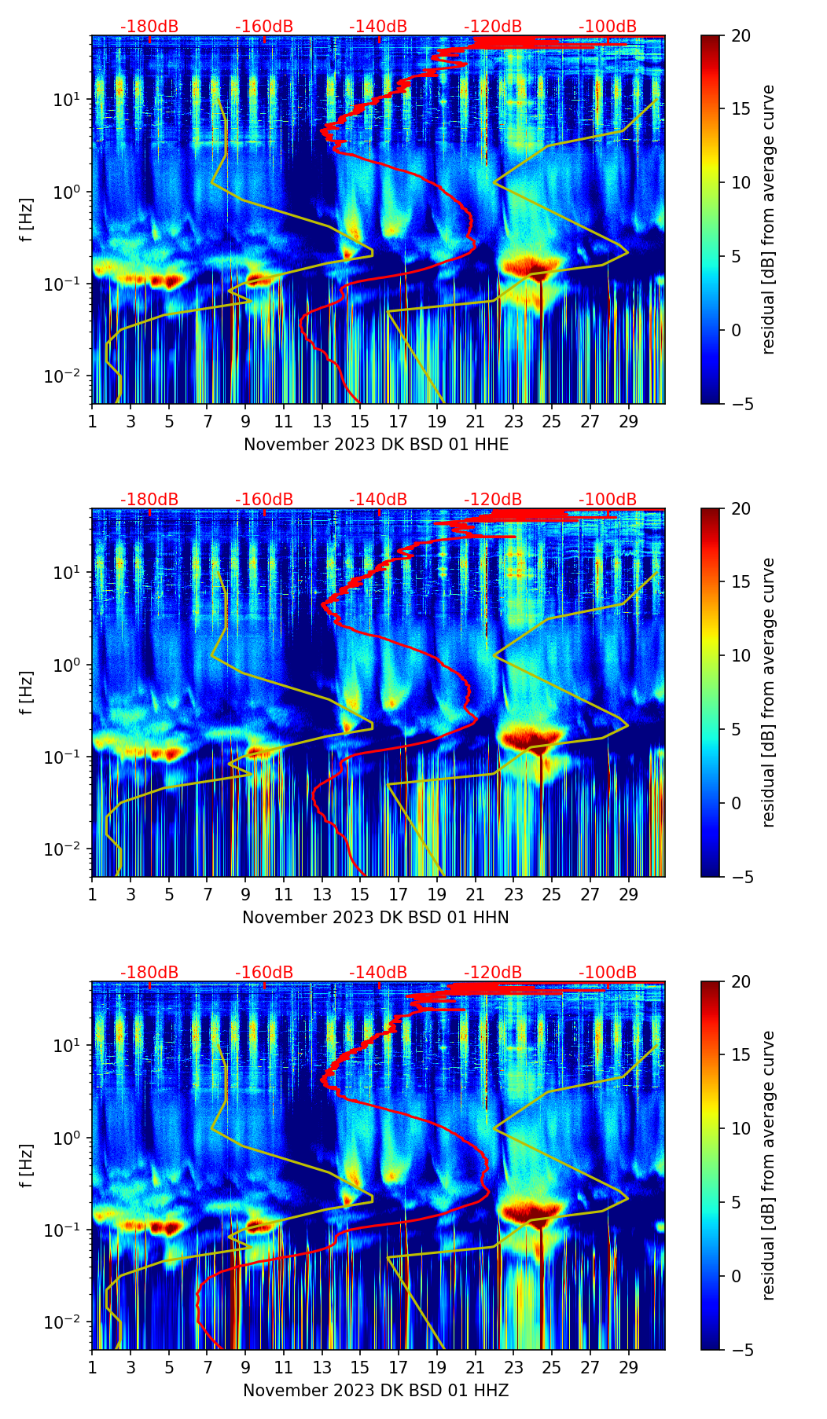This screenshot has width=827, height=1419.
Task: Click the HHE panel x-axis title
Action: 376,445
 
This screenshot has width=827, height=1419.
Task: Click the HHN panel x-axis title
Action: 376,918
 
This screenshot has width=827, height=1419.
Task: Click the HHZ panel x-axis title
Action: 376,1391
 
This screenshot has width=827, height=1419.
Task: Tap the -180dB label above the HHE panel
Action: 149,27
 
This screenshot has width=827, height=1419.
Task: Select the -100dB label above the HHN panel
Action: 608,500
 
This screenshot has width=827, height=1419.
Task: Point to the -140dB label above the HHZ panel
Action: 378,973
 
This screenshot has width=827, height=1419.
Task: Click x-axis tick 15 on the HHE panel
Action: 359,421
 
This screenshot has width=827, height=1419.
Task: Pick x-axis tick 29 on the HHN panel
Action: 628,894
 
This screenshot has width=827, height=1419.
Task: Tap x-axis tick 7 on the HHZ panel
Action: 208,1367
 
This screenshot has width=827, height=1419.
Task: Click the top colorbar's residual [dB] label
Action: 768,219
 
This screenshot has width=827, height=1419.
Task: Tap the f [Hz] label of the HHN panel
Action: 27,692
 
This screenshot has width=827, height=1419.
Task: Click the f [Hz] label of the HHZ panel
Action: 27,1165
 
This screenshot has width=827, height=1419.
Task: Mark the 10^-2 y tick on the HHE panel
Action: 69,376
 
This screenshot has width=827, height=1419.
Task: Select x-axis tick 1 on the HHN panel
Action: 93,894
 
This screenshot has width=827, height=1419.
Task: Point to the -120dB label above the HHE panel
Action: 493,27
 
